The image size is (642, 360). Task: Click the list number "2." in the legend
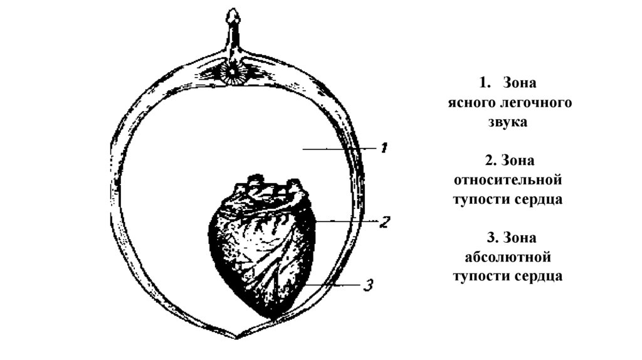pos(490,161)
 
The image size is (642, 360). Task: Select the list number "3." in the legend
pos(490,237)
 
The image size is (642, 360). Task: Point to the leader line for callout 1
pos(339,149)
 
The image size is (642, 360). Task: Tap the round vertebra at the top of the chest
pos(234,72)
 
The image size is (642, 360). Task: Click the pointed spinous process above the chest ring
pos(233,19)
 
